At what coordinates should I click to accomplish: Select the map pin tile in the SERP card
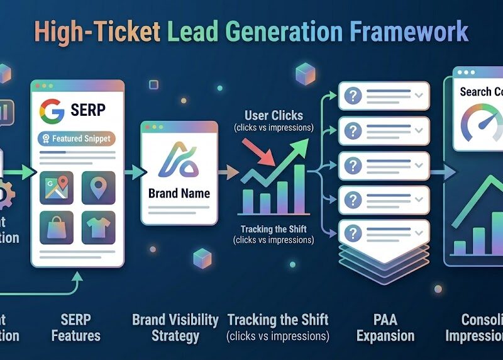(98, 188)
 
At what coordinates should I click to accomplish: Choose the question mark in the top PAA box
(354, 96)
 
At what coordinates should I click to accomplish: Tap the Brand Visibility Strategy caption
(175, 327)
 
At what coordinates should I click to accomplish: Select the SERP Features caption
(75, 327)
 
